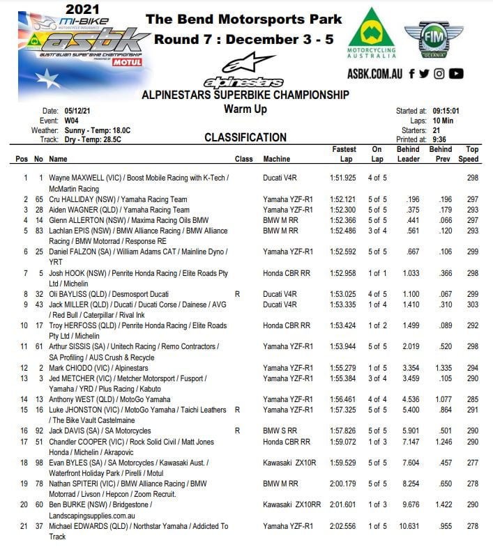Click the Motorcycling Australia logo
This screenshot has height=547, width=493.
[x=371, y=36]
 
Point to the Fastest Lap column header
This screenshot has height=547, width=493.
[x=344, y=154]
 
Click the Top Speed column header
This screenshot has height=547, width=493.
[x=472, y=154]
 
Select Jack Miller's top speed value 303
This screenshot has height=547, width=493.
[x=473, y=305]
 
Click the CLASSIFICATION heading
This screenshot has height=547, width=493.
[x=245, y=138]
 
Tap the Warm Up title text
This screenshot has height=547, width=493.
[x=245, y=109]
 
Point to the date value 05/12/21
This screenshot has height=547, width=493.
[x=79, y=111]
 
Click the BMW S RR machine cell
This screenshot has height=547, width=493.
[x=280, y=431]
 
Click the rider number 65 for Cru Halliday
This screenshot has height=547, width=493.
[x=39, y=199]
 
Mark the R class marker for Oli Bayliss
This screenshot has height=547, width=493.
[x=238, y=294]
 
